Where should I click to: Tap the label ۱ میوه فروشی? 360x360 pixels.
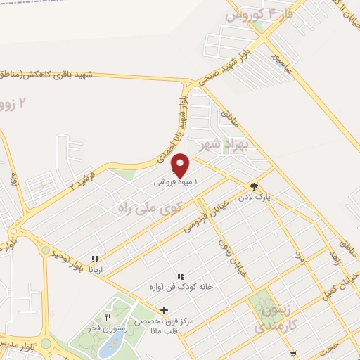coord(176,181)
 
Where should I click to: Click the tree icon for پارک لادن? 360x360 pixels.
coord(253,187)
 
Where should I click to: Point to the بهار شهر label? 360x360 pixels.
coord(215,146)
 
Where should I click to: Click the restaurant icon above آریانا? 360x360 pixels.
coord(94,259)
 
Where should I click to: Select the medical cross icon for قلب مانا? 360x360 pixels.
coord(165,310)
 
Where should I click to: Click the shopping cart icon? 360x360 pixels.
coord(293,354)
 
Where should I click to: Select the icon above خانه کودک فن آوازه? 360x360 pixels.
coord(180,277)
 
